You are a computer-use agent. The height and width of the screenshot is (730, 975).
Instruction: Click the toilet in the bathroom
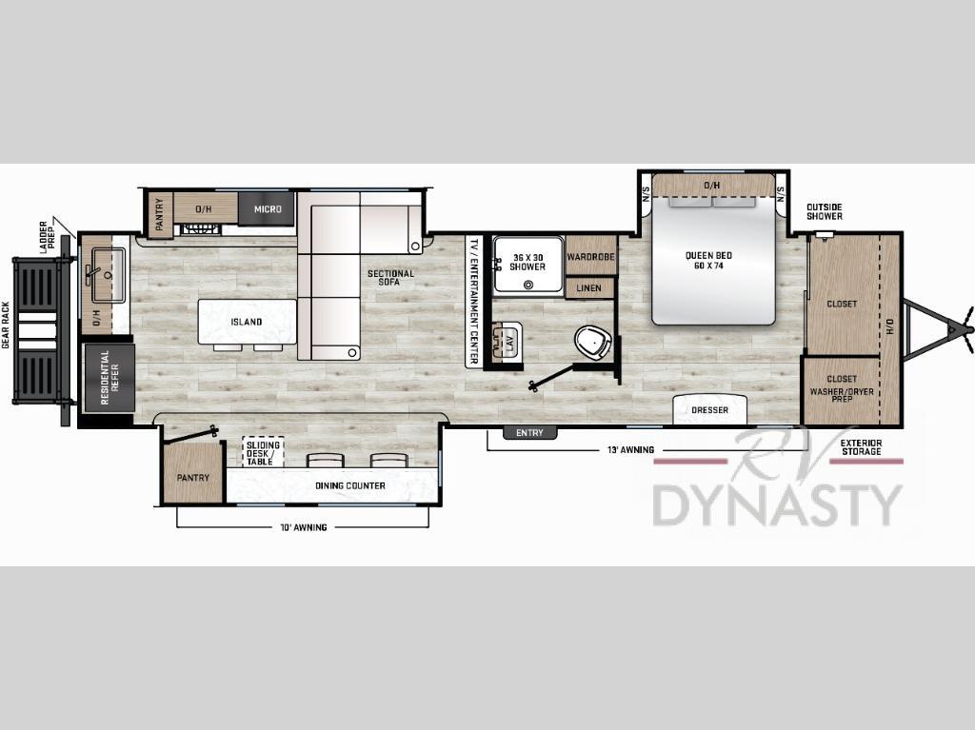[x=594, y=342]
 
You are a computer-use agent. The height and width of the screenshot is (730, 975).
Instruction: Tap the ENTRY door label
[x=529, y=433]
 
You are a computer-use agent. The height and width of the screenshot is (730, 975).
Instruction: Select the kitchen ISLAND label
[x=247, y=322]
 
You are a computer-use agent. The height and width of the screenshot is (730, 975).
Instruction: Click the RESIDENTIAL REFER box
[x=109, y=378]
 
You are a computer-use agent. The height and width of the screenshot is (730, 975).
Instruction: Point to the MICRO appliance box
[x=267, y=209]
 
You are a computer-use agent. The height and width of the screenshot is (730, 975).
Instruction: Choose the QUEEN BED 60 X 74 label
[x=708, y=261]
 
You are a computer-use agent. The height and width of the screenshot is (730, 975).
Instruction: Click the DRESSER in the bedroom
[x=709, y=410]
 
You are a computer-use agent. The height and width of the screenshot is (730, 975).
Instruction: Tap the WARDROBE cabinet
[x=590, y=256]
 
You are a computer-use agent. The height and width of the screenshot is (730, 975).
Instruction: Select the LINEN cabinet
[x=589, y=288]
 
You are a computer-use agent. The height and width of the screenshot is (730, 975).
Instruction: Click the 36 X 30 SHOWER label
[x=527, y=262]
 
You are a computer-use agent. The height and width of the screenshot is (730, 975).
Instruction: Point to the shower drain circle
[x=528, y=286]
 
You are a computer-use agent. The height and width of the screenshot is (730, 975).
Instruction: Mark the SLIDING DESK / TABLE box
[x=263, y=452]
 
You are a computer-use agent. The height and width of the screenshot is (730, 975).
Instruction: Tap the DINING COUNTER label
[x=350, y=485]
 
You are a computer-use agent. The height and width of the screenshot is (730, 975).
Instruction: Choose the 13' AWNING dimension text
[x=630, y=449]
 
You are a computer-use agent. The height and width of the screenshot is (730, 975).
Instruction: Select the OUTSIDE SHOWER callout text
[x=825, y=211]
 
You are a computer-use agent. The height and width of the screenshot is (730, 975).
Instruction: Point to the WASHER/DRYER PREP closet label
[x=842, y=395]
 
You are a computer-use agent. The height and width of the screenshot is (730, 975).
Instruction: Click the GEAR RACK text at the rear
[x=7, y=325]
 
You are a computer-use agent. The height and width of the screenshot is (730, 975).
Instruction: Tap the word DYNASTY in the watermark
[x=777, y=504]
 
